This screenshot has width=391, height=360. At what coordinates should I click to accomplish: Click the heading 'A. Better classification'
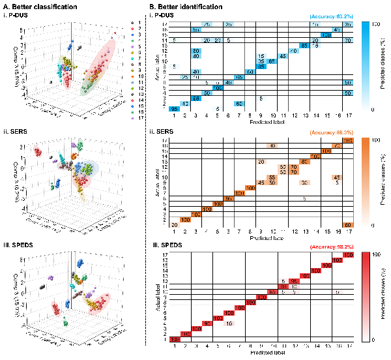[32, 6]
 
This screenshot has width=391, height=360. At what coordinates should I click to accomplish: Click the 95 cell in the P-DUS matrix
[174, 109]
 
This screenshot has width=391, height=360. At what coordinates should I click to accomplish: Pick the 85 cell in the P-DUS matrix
[304, 45]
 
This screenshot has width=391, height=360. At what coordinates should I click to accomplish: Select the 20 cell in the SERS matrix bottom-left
[174, 225]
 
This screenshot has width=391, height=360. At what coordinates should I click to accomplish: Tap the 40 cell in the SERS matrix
[272, 146]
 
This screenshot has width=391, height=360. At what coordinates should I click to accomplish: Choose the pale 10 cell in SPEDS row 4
[228, 323]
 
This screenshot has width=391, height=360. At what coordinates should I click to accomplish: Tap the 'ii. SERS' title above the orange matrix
[160, 132]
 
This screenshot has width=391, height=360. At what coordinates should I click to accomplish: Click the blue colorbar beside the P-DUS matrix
[365, 65]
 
